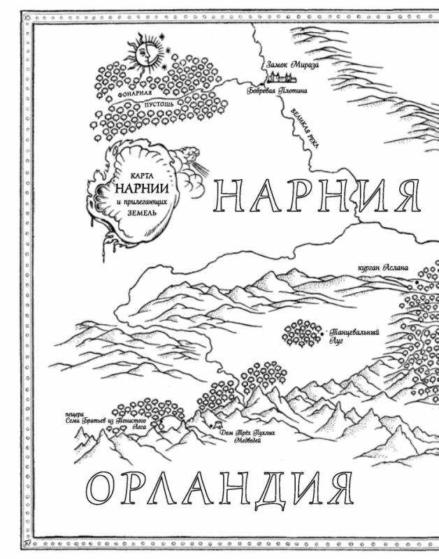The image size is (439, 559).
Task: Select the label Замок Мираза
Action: coord(293,64)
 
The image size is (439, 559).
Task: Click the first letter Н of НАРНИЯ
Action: coord(226,194)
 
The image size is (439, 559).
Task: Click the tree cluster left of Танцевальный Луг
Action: coord(302,333)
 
